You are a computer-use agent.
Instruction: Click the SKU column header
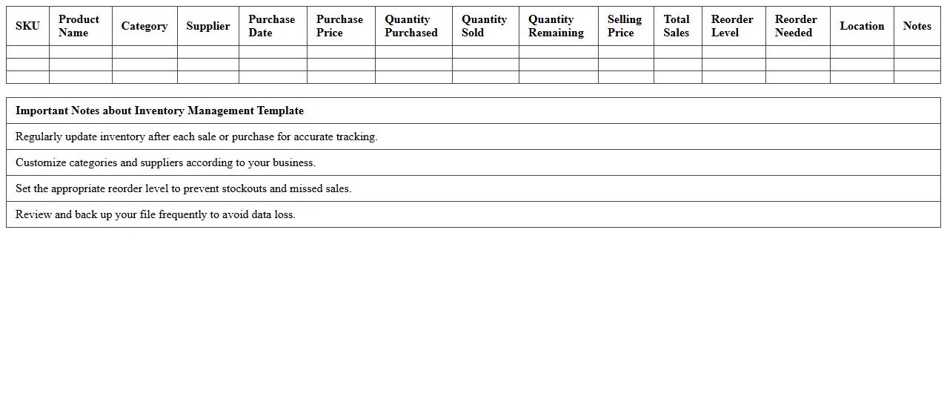point(27,26)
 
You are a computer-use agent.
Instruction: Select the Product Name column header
point(79,26)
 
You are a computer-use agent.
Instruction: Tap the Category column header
point(144,26)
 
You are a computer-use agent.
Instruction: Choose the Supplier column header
point(208,26)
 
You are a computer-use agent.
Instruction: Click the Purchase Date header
point(271,26)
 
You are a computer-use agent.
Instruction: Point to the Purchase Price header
point(339,26)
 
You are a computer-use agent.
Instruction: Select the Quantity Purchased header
point(411,26)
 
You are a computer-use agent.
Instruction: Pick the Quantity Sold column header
point(484,26)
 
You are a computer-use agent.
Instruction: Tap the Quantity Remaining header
point(556,26)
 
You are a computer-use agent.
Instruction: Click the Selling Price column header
point(625,26)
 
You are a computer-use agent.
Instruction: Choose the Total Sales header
point(677,26)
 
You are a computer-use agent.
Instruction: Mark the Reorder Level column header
point(732,26)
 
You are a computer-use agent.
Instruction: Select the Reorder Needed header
point(796,26)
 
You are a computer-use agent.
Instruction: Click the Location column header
point(862,26)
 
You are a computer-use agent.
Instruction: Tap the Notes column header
point(917,26)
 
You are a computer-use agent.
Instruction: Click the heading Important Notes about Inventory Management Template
point(159,111)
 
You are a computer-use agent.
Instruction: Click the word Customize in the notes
point(41,162)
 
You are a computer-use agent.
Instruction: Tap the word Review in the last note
point(33,214)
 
